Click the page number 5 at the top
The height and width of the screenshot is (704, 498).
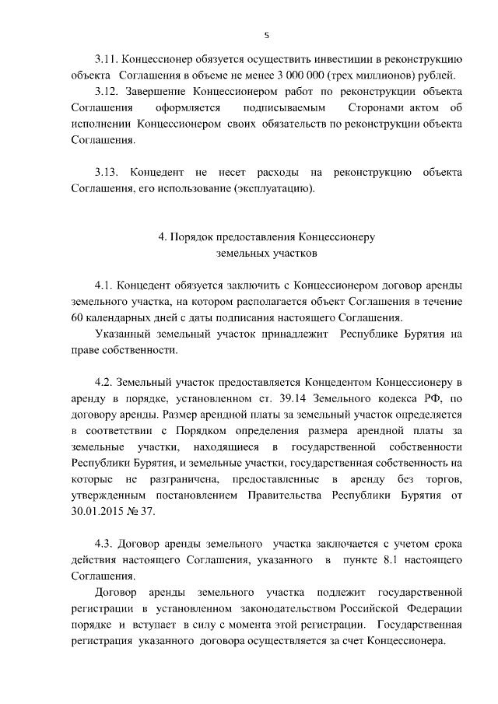[266, 35]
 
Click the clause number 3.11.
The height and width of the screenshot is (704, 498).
[106, 59]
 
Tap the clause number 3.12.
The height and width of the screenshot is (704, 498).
[106, 92]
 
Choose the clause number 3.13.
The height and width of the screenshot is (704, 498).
[106, 173]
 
